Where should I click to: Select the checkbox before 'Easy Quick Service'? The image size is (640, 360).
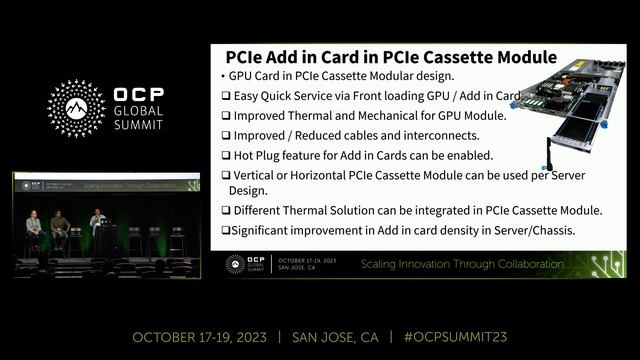point(225,95)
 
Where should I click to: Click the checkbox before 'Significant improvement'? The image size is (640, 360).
point(225,230)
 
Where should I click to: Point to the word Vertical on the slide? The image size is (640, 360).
point(257,175)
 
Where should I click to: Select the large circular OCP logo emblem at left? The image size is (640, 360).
point(76,109)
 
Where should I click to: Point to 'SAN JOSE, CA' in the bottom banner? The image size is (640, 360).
point(336,337)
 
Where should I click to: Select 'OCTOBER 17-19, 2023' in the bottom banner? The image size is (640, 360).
point(199,337)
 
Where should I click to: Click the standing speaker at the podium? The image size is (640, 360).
point(97,227)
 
